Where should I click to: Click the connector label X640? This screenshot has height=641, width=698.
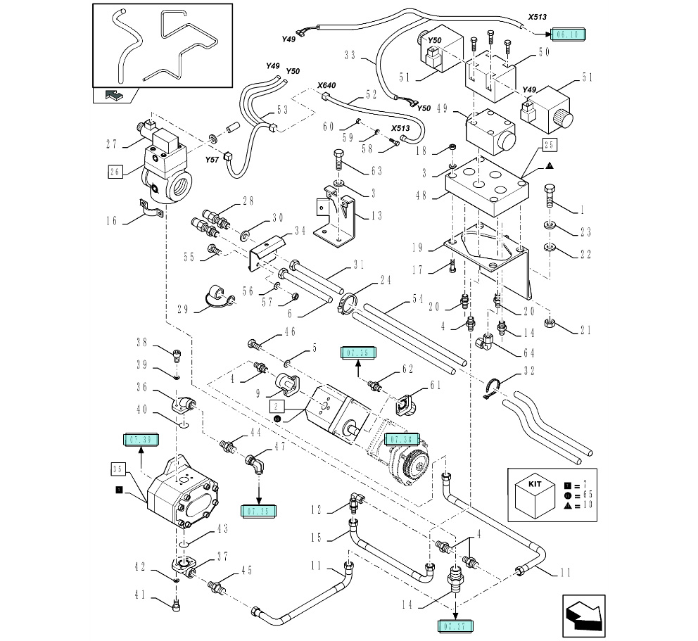coord(326,85)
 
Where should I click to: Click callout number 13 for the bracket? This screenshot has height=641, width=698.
coord(376,216)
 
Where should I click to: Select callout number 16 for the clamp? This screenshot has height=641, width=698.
coord(112,220)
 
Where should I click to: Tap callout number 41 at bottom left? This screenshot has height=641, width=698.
coord(141,595)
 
